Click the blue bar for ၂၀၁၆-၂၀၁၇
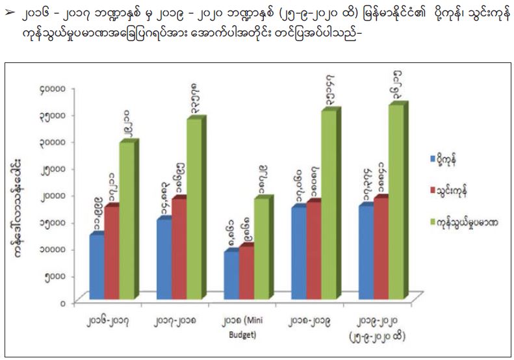pos(97,266)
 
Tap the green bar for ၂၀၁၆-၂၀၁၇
pos(127,221)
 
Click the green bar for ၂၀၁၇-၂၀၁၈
pos(194,208)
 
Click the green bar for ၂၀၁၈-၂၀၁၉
pos(328,204)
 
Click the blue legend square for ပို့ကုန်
pos(433,158)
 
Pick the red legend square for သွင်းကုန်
pos(433,190)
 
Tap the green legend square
pos(433,222)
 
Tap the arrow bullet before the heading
pos(10,12)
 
